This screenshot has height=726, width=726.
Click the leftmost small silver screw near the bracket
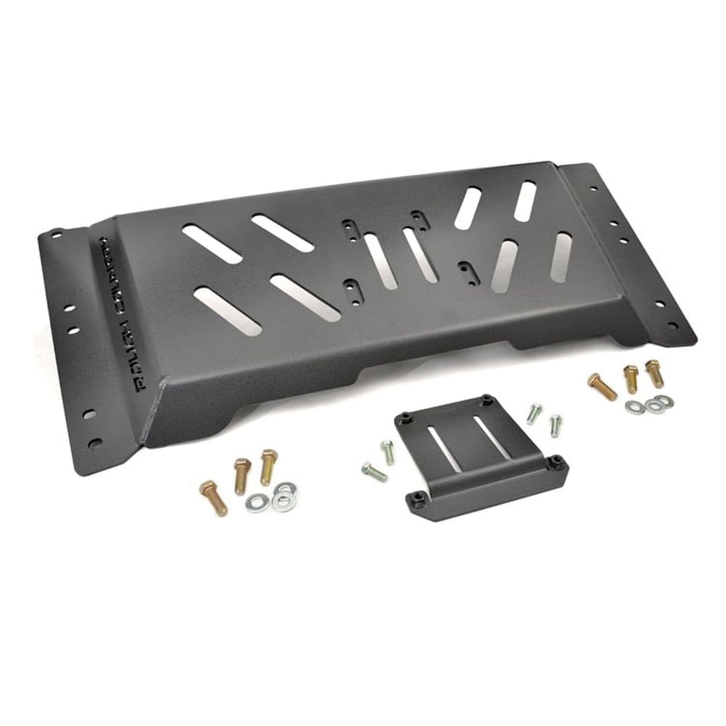click(374, 470)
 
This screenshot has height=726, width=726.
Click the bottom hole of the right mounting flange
click(670, 323)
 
